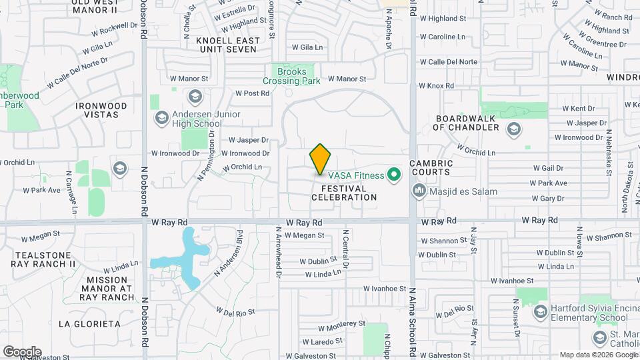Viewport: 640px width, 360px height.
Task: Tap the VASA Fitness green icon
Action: coord(393,175)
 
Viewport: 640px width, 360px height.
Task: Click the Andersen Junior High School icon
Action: coord(161,119)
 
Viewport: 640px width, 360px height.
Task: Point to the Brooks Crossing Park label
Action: coord(291,76)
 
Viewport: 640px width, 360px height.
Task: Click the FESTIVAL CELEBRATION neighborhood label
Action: coord(344,193)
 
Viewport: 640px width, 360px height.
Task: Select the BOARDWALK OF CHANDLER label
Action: coord(467,123)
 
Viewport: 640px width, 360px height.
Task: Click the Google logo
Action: coord(22,351)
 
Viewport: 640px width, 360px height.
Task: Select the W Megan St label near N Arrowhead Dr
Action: coord(304,235)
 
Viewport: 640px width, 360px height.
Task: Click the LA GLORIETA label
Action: coord(89,324)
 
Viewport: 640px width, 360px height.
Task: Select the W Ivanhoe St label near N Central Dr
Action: coord(385,288)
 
